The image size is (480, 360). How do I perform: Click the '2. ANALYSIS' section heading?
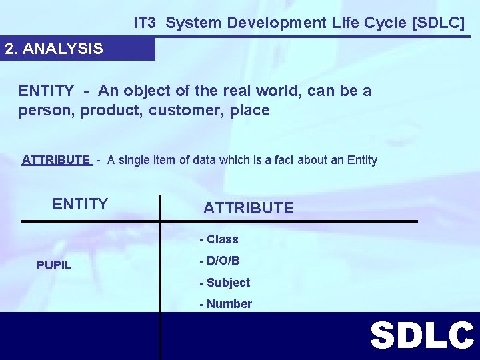pos(54,49)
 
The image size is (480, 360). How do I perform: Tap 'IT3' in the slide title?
pos(145,23)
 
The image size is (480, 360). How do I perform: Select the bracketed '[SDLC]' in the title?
pos(439,23)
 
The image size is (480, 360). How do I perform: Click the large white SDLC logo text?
pos(422,335)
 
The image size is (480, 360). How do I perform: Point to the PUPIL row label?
pos(54,265)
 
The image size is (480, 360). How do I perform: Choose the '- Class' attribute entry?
pos(219,239)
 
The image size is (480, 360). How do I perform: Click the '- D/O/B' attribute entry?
pos(219,261)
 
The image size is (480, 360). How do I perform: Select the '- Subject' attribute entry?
pos(225,283)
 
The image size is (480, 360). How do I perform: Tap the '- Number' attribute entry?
pos(225,304)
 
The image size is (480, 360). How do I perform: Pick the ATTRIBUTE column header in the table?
pos(248,208)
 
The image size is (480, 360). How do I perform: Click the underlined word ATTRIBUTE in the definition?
pos(56,160)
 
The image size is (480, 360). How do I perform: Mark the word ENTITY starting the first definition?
pos(46,91)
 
